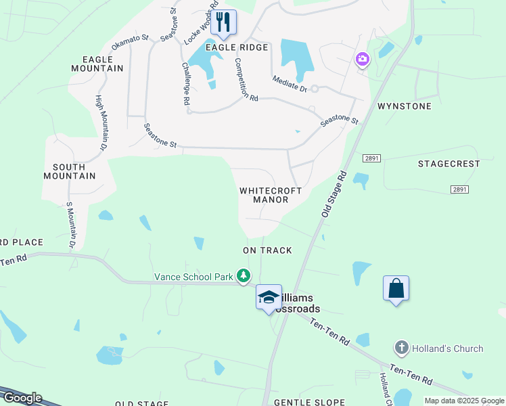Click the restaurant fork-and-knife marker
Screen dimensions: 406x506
coord(223,22)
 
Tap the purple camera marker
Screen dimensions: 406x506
coord(363,60)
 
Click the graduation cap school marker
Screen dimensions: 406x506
coord(269,296)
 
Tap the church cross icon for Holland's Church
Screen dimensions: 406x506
coord(401,348)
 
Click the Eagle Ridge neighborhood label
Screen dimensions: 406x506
coord(237,47)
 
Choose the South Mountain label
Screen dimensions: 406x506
coord(69,171)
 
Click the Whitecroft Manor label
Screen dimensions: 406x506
coord(271,195)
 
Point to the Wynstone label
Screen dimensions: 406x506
coord(404,106)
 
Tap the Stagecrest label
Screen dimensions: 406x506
coord(448,164)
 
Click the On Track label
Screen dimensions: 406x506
coord(268,250)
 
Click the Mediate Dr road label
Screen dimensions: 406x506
coord(290,84)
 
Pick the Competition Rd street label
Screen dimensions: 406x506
coord(246,79)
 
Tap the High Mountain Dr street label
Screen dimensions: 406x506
coord(101,122)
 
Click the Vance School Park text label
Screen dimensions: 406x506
coord(193,276)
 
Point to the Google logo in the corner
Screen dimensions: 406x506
coord(22,398)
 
